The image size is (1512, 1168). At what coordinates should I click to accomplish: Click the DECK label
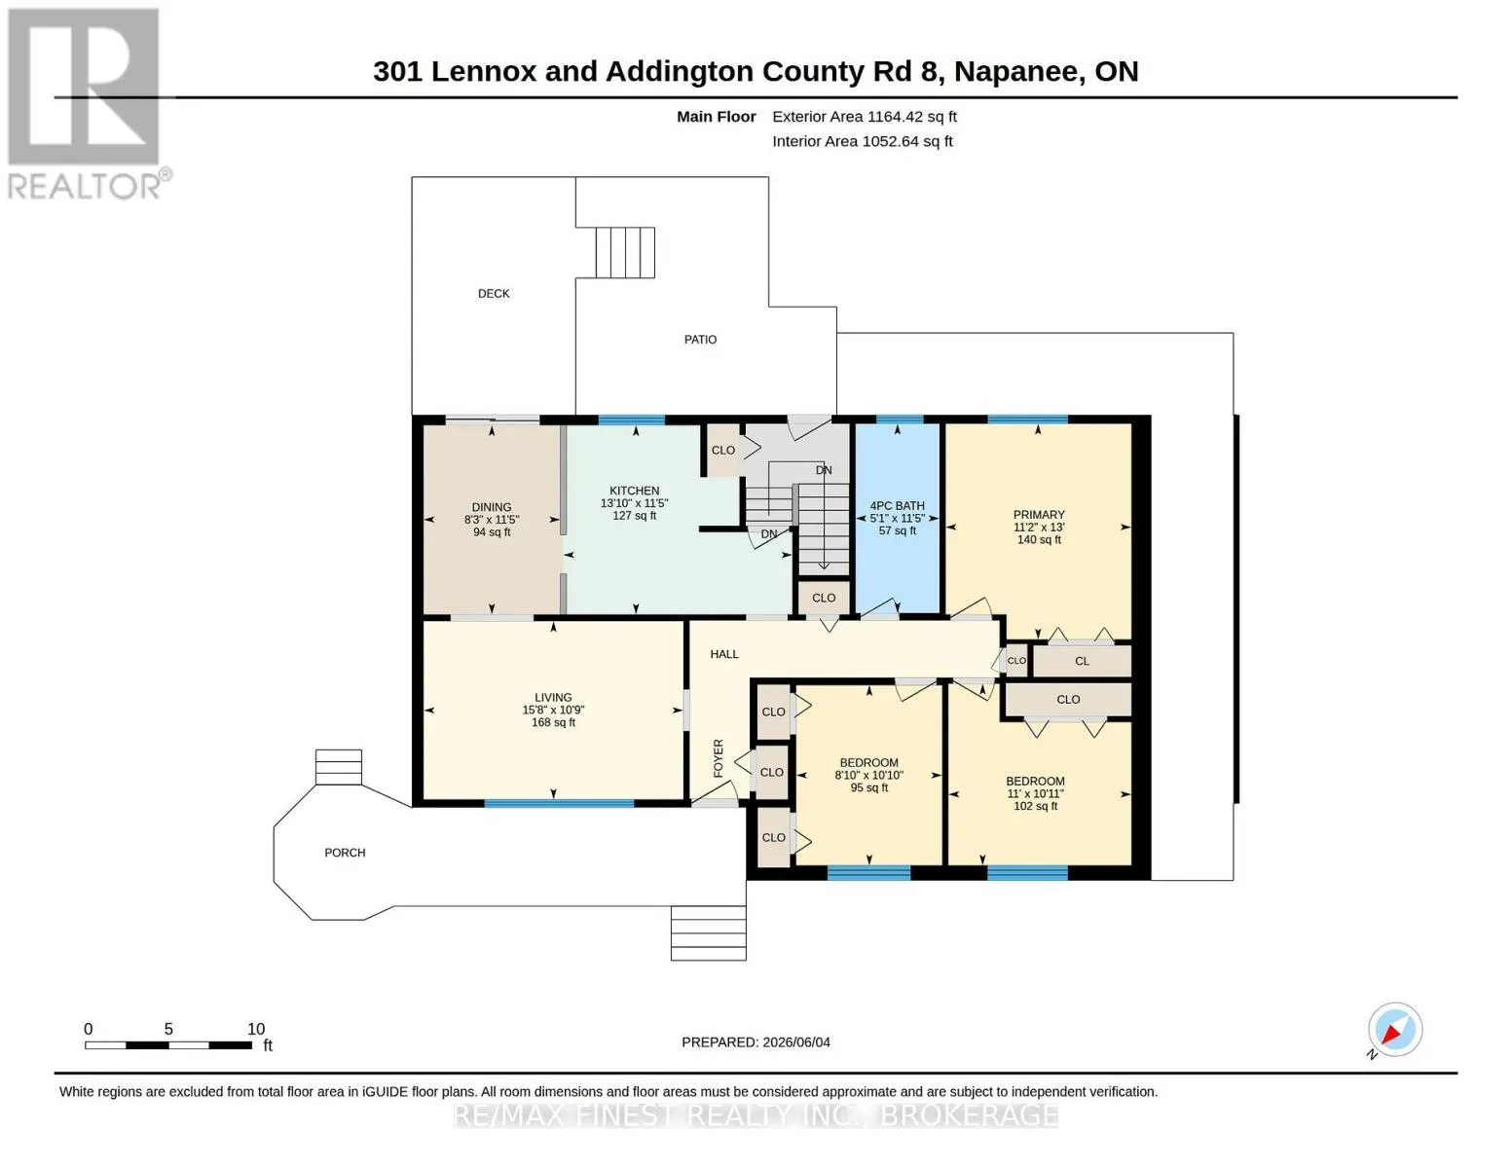pyautogui.click(x=494, y=294)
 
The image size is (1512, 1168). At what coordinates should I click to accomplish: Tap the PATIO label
pyautogui.click(x=700, y=340)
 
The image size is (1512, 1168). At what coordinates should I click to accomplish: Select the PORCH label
pyautogui.click(x=345, y=853)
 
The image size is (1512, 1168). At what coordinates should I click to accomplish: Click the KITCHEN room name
pyautogui.click(x=634, y=491)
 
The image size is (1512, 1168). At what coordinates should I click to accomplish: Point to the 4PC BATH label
pyautogui.click(x=897, y=506)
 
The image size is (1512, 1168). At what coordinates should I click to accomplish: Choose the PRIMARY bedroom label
pyautogui.click(x=1039, y=515)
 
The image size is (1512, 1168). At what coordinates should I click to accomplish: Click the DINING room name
pyautogui.click(x=492, y=507)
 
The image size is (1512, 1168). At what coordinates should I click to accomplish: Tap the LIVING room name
pyautogui.click(x=553, y=697)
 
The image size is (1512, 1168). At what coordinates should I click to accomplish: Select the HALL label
pyautogui.click(x=724, y=654)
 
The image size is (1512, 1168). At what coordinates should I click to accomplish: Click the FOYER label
pyautogui.click(x=719, y=758)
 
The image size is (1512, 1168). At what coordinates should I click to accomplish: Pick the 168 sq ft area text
pyautogui.click(x=553, y=722)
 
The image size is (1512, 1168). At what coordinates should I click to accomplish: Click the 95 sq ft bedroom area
pyautogui.click(x=869, y=787)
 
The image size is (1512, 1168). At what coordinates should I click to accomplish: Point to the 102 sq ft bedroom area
pyautogui.click(x=1035, y=806)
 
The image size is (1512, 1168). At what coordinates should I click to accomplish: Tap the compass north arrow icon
pyautogui.click(x=1395, y=1030)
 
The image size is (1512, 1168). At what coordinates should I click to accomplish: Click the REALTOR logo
pyautogui.click(x=87, y=104)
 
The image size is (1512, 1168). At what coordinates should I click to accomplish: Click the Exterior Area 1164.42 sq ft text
pyautogui.click(x=865, y=117)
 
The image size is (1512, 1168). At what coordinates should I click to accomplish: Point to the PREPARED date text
pyautogui.click(x=756, y=1042)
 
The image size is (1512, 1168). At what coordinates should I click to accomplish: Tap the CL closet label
pyautogui.click(x=1082, y=661)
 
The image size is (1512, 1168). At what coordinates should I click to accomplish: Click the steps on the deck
pyautogui.click(x=625, y=252)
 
